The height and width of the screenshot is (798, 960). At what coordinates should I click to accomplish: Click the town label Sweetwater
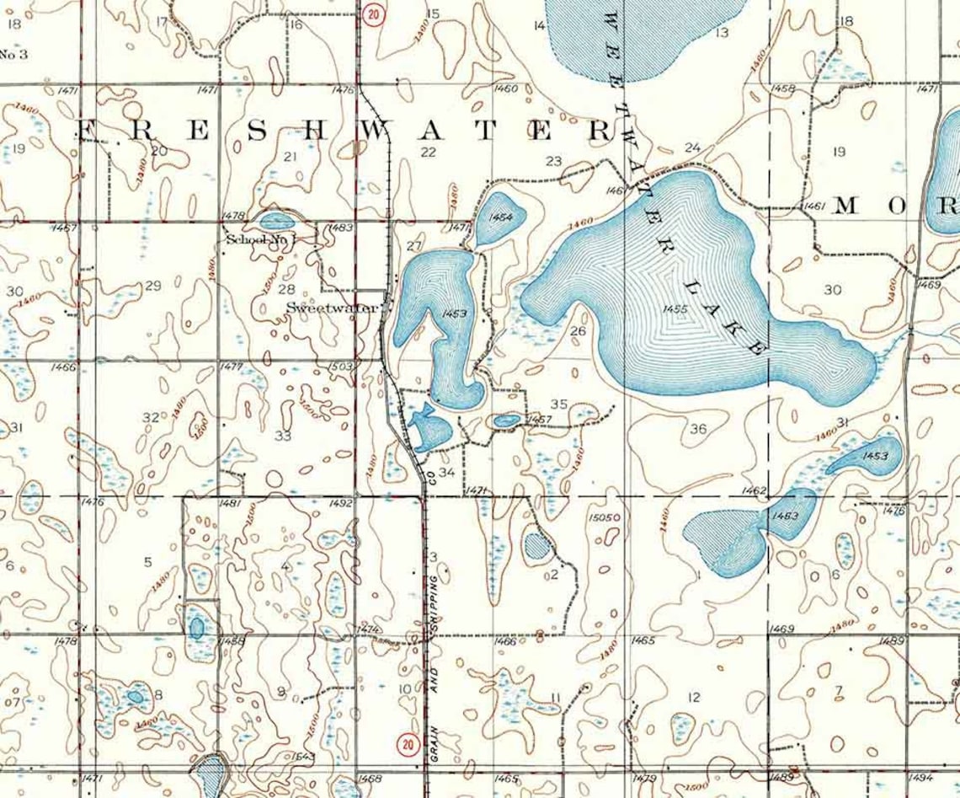[x=332, y=308]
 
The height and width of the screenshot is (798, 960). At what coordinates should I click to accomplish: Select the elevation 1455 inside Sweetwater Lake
[x=675, y=309]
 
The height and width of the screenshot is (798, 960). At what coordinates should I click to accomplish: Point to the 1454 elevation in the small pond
[x=500, y=217]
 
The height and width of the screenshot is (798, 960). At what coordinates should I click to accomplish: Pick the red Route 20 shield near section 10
[x=408, y=744]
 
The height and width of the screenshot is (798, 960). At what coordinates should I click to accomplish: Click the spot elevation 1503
[x=339, y=367]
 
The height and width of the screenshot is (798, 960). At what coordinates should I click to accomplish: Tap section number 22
[x=429, y=152]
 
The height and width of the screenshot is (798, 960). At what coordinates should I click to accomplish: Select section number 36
[x=698, y=429]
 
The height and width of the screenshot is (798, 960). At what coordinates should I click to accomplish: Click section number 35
[x=558, y=404]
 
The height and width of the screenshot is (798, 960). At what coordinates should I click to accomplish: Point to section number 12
[x=694, y=697]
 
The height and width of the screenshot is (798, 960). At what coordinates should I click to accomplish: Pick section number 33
[x=283, y=436]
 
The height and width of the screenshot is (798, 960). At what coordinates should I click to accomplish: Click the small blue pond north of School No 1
[x=276, y=222]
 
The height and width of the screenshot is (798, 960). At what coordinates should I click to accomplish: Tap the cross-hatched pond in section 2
[x=536, y=547]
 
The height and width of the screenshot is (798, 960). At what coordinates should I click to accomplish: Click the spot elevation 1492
[x=340, y=503]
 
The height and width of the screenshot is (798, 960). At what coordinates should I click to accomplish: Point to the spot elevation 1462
[x=754, y=490]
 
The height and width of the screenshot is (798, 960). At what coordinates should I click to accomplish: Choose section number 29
[x=152, y=286]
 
